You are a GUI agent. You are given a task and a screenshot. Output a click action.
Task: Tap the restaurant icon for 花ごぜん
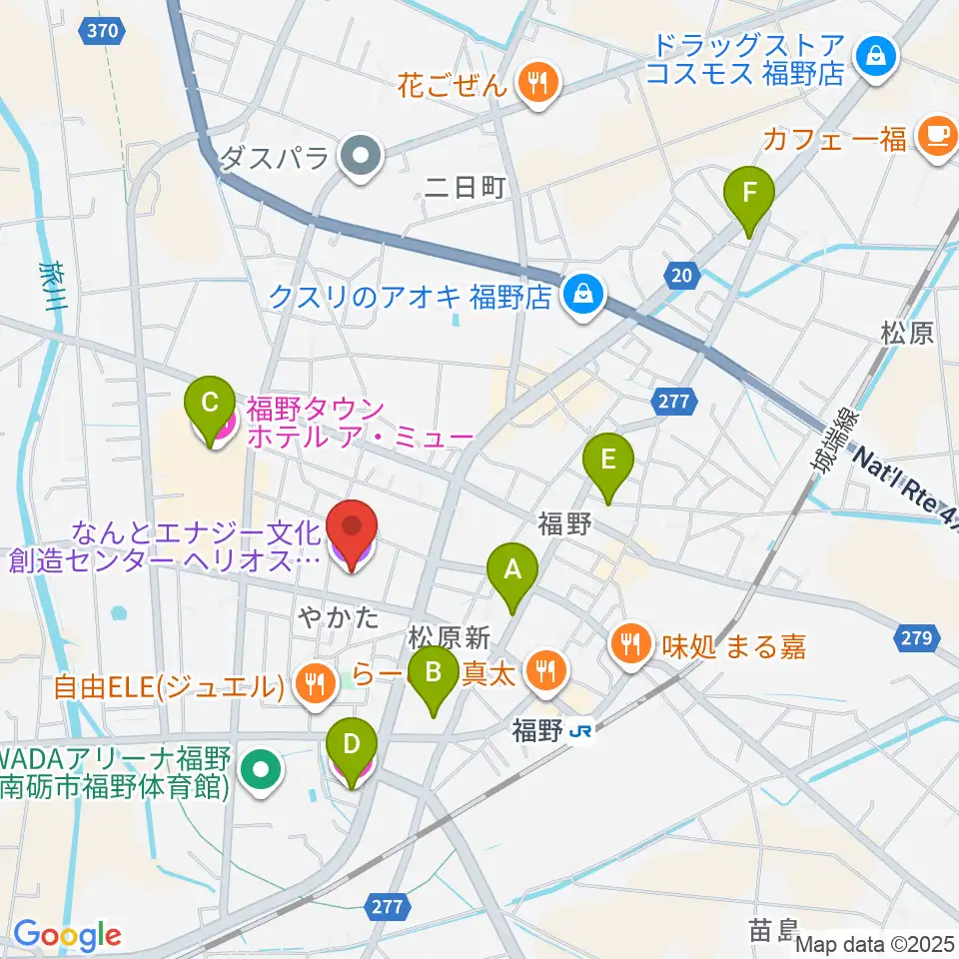[x=539, y=83]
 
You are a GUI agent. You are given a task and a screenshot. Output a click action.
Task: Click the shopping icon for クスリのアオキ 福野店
[x=579, y=295]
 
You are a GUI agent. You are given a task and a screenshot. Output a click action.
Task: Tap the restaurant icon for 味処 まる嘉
[x=631, y=645]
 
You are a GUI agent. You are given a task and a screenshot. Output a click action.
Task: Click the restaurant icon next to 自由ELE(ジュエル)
[x=317, y=684]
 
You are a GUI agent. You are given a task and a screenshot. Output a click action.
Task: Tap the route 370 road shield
[x=104, y=31]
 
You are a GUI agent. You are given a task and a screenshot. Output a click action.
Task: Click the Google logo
[x=67, y=934]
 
